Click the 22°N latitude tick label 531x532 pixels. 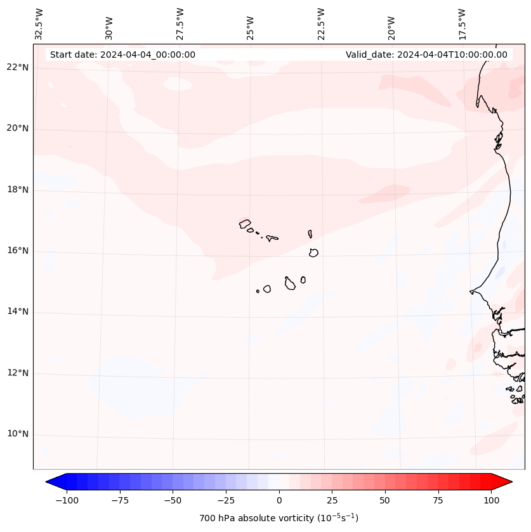18,68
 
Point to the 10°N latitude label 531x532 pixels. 18,434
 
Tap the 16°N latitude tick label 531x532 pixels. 18,251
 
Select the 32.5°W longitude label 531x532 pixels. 39,23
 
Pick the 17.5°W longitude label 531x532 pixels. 462,23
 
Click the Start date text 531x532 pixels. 122,55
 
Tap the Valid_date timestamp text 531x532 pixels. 426,55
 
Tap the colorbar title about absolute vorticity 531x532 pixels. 279,518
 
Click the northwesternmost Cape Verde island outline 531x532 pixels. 245,223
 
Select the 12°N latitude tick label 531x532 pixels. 18,373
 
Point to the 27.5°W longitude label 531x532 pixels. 180,23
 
